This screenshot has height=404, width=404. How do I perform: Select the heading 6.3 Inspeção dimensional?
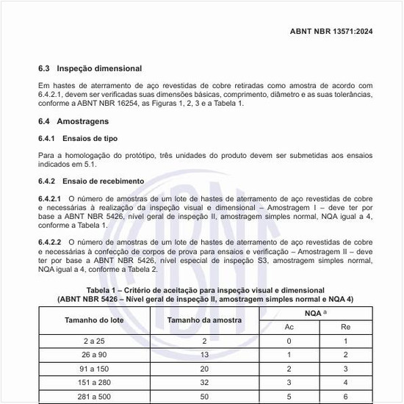click(x=90, y=68)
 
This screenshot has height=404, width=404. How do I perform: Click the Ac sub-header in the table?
click(x=289, y=326)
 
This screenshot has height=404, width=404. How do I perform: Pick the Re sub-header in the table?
click(x=345, y=326)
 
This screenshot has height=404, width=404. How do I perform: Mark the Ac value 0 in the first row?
click(x=289, y=342)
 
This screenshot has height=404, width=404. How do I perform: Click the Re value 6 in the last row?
click(x=345, y=397)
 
